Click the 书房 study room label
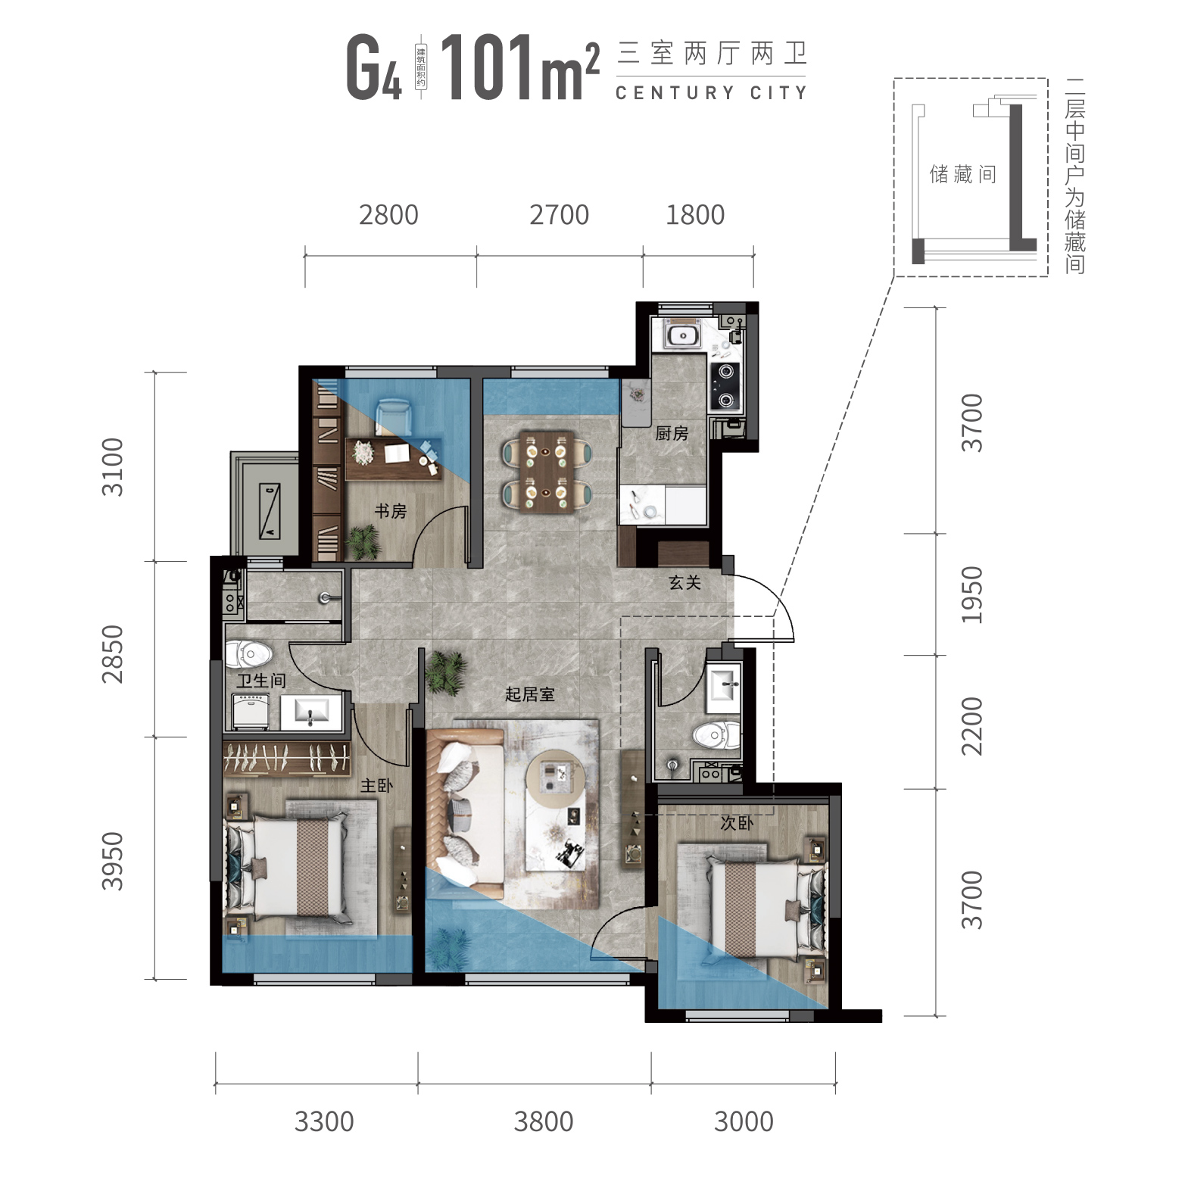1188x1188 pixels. point(391,511)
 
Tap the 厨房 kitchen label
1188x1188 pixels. point(672,433)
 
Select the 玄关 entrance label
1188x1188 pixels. point(684,582)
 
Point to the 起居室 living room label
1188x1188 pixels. point(530,694)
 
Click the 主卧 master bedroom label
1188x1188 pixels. point(376,785)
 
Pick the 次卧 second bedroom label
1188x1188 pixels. point(736,823)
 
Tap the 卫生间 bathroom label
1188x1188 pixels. point(260,680)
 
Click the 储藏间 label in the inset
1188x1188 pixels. point(963,175)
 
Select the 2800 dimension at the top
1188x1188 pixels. point(388,215)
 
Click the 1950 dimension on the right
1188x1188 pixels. point(971,594)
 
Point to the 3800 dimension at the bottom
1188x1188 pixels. point(544,1121)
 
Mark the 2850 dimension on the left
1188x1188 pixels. point(112,653)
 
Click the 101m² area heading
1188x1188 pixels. point(519,69)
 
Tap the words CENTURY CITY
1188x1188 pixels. point(711,93)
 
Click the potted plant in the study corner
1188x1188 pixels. point(363,542)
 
